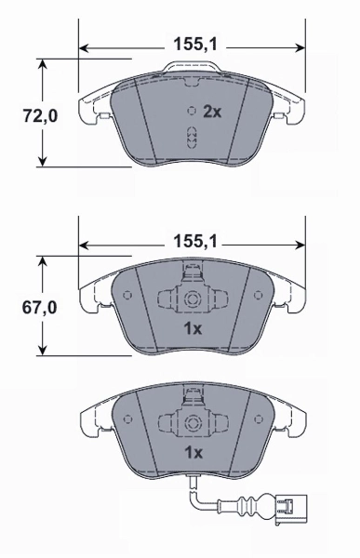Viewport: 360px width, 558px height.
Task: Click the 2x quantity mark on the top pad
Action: pyautogui.click(x=211, y=111)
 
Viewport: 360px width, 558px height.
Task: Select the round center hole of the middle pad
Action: pyautogui.click(x=192, y=300)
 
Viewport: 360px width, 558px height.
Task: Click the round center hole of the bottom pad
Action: pyautogui.click(x=192, y=422)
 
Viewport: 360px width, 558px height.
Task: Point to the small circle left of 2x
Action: pyautogui.click(x=192, y=110)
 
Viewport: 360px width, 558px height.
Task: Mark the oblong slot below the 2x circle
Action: pyautogui.click(x=192, y=138)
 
